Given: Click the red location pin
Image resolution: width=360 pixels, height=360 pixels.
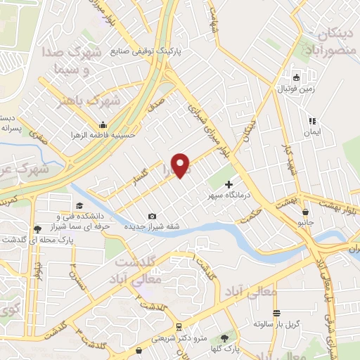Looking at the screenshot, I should pos(182,165).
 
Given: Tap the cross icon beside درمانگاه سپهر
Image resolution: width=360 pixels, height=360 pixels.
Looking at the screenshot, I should pos(229,184).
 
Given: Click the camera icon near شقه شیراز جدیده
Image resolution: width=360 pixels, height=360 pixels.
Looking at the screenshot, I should pos(153,216).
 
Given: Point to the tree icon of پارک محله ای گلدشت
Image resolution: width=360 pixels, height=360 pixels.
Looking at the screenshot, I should pos(37,229).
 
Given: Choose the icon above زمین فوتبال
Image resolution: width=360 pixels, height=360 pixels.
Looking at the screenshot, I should pos(297,77).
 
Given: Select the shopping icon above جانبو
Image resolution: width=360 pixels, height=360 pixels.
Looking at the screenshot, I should pos(304,210).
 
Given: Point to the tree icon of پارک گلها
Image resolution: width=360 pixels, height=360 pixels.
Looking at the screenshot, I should pos(225,338).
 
